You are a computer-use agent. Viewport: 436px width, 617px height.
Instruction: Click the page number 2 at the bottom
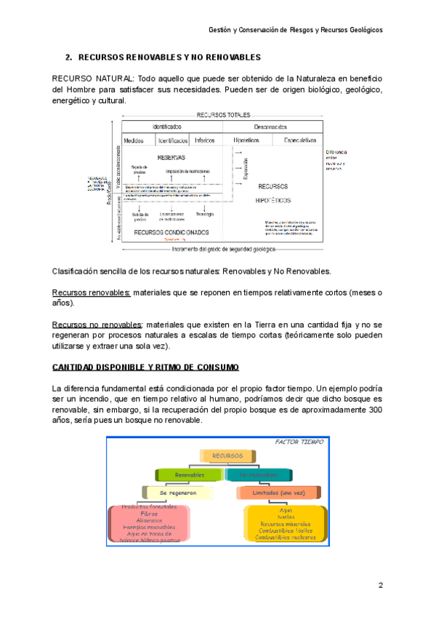[x=380, y=586]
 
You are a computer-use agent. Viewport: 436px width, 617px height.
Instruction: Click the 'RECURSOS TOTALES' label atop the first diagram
[x=223, y=115]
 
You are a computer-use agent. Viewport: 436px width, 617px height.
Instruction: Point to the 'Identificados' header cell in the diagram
[x=168, y=127]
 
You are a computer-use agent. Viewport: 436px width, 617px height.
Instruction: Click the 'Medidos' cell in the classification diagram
[x=134, y=140]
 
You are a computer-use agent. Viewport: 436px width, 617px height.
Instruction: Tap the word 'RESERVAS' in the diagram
[x=171, y=157]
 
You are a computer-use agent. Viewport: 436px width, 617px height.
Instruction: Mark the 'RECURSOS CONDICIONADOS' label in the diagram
[x=171, y=232]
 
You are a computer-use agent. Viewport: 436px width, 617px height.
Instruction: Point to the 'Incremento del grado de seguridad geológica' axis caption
[x=223, y=249]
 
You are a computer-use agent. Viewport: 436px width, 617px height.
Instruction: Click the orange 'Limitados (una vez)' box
[x=269, y=493]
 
